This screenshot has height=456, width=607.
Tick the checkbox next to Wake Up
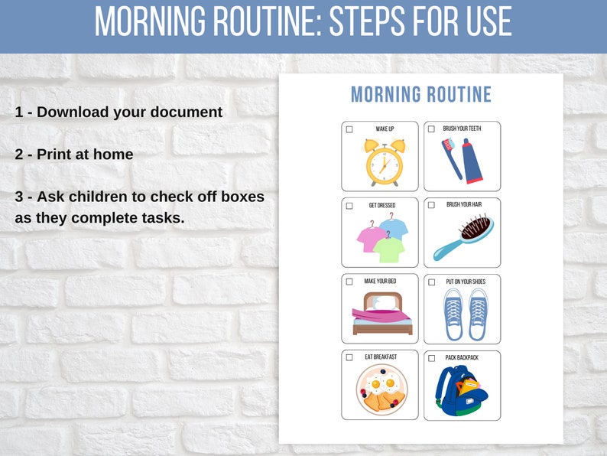coord(349,129)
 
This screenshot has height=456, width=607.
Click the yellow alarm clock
coord(381,162)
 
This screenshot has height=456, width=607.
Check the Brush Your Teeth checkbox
coord(431,129)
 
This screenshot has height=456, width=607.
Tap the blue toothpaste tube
coord(472,160)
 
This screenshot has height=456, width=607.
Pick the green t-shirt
coord(388,248)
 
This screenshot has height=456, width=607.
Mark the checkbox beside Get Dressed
coord(349,206)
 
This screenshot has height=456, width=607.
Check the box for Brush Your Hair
coord(431,205)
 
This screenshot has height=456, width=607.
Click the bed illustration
coord(382,314)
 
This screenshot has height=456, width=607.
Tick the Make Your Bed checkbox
coord(349,282)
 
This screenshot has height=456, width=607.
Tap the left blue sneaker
coord(453,314)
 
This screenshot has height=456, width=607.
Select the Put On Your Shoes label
coord(466,282)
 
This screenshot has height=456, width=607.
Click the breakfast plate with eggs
coord(381,390)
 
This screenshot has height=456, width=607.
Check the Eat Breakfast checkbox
coord(349,357)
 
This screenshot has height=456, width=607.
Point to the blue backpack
coord(461,391)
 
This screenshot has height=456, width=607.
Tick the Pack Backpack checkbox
coord(431,358)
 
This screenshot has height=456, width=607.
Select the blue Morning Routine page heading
coord(420,95)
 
